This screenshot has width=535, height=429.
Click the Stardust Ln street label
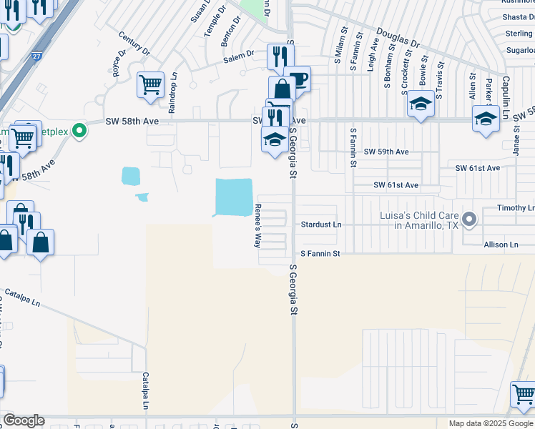(x=321, y=225)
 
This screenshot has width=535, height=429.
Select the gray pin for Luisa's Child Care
(x=469, y=219)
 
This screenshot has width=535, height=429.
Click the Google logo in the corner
(x=24, y=421)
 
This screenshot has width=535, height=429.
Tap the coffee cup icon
(x=297, y=79)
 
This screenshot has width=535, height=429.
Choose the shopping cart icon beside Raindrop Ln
(x=151, y=86)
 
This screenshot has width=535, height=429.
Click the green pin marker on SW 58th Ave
(x=80, y=131)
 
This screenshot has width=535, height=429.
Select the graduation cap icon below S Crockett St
(x=421, y=105)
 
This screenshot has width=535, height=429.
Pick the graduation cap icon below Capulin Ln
(x=486, y=119)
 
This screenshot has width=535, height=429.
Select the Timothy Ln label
(x=516, y=208)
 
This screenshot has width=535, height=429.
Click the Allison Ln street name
(x=501, y=245)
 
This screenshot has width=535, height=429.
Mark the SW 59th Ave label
(x=386, y=152)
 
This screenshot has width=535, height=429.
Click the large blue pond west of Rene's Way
(x=235, y=196)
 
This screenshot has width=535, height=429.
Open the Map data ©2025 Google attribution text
(x=491, y=423)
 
